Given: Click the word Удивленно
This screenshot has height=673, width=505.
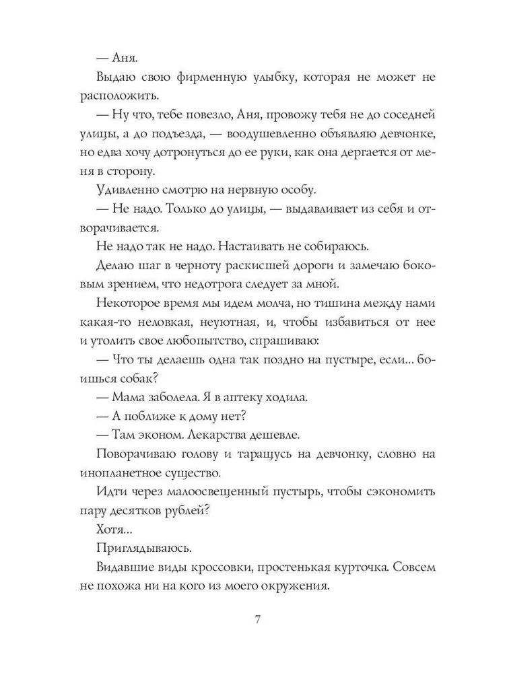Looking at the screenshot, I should [x=126, y=189].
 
